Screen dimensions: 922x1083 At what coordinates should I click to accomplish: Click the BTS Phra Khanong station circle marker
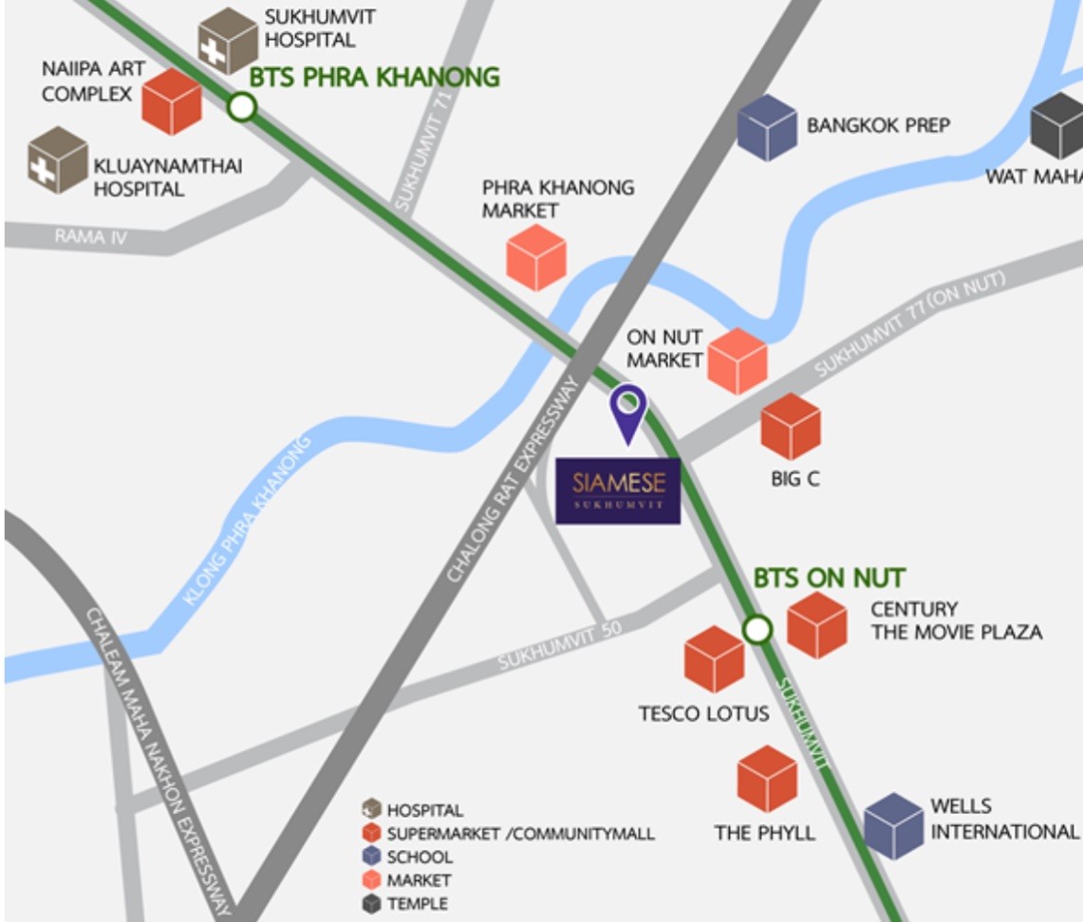tap(243, 107)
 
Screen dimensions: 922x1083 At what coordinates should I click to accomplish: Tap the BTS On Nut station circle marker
tap(757, 629)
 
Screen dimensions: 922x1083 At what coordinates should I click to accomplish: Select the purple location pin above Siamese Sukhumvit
tap(627, 408)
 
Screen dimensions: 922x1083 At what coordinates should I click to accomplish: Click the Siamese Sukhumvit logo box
tap(618, 490)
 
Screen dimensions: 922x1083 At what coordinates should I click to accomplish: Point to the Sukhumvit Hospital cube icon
tap(228, 41)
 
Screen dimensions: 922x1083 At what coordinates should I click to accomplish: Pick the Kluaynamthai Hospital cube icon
tap(58, 160)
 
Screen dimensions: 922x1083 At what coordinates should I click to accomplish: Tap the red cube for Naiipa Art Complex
tap(172, 101)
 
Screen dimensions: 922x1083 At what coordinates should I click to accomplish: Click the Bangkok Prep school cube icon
tap(767, 127)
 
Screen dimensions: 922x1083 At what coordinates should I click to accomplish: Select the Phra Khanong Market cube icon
tap(536, 257)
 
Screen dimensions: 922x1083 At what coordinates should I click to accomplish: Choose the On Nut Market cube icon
tap(738, 361)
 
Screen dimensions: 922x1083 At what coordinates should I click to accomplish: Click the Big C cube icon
tap(791, 427)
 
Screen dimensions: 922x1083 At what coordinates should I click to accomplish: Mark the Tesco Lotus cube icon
tap(714, 659)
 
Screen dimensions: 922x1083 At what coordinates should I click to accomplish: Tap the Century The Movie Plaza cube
tap(817, 625)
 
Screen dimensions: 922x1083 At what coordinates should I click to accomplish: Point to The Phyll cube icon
tap(767, 779)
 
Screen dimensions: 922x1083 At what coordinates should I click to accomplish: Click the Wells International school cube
tap(893, 826)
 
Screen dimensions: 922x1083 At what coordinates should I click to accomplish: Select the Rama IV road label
tap(90, 236)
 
